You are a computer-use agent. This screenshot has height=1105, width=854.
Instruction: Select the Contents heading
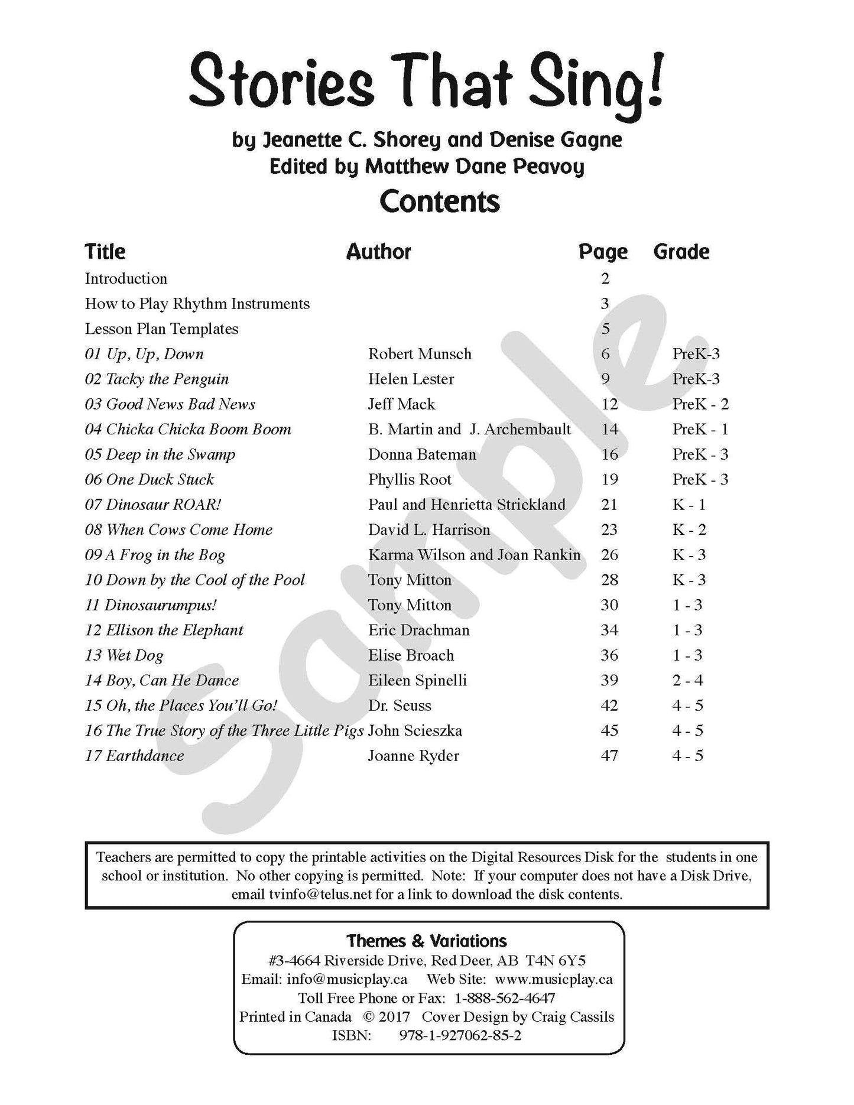(440, 201)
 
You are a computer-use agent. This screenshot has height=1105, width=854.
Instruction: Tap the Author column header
(378, 252)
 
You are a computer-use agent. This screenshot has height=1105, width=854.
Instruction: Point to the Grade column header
(681, 252)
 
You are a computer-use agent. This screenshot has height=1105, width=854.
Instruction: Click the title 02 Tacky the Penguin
(157, 379)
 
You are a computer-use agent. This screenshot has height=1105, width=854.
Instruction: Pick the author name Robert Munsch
(420, 354)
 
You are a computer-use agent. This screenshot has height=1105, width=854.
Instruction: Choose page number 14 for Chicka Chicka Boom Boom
(609, 430)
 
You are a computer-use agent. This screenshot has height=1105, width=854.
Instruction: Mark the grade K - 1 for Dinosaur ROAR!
(689, 505)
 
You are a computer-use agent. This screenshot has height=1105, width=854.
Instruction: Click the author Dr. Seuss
(400, 706)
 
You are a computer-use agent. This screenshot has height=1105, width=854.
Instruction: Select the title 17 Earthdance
(134, 756)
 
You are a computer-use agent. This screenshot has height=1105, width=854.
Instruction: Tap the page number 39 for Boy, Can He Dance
(609, 680)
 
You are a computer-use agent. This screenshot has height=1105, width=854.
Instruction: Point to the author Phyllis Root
(410, 480)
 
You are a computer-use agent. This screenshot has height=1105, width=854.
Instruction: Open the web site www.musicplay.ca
(554, 979)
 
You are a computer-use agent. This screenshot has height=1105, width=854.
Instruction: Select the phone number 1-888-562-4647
(505, 998)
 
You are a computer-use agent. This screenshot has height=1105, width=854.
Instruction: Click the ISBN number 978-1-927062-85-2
(460, 1035)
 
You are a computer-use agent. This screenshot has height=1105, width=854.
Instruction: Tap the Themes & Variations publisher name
(427, 941)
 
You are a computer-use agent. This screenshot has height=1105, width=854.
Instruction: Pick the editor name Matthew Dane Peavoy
(474, 167)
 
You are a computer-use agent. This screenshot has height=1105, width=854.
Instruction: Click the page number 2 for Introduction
(605, 279)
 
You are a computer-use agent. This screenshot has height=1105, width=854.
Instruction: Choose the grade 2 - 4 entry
(687, 680)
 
